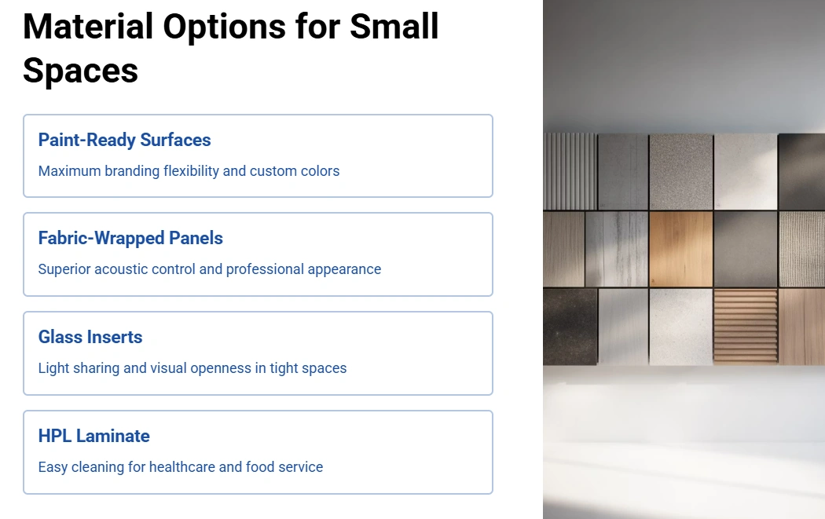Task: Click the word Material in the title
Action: pyautogui.click(x=88, y=26)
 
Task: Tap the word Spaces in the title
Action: pyautogui.click(x=80, y=71)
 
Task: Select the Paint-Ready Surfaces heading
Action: pyautogui.click(x=124, y=140)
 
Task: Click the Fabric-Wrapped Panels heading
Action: pyautogui.click(x=130, y=238)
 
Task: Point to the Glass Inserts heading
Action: pyautogui.click(x=90, y=337)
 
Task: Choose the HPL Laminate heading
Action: pyautogui.click(x=93, y=436)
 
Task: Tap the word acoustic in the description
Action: pyautogui.click(x=118, y=269)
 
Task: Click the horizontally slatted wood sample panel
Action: pyautogui.click(x=746, y=326)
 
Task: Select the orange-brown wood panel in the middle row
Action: pyautogui.click(x=681, y=249)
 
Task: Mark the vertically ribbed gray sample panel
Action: pyautogui.click(x=570, y=171)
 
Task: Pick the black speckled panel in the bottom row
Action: pyautogui.click(x=570, y=326)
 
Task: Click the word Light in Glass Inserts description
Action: pyautogui.click(x=53, y=368)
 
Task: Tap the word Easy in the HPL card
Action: pyautogui.click(x=53, y=467)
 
